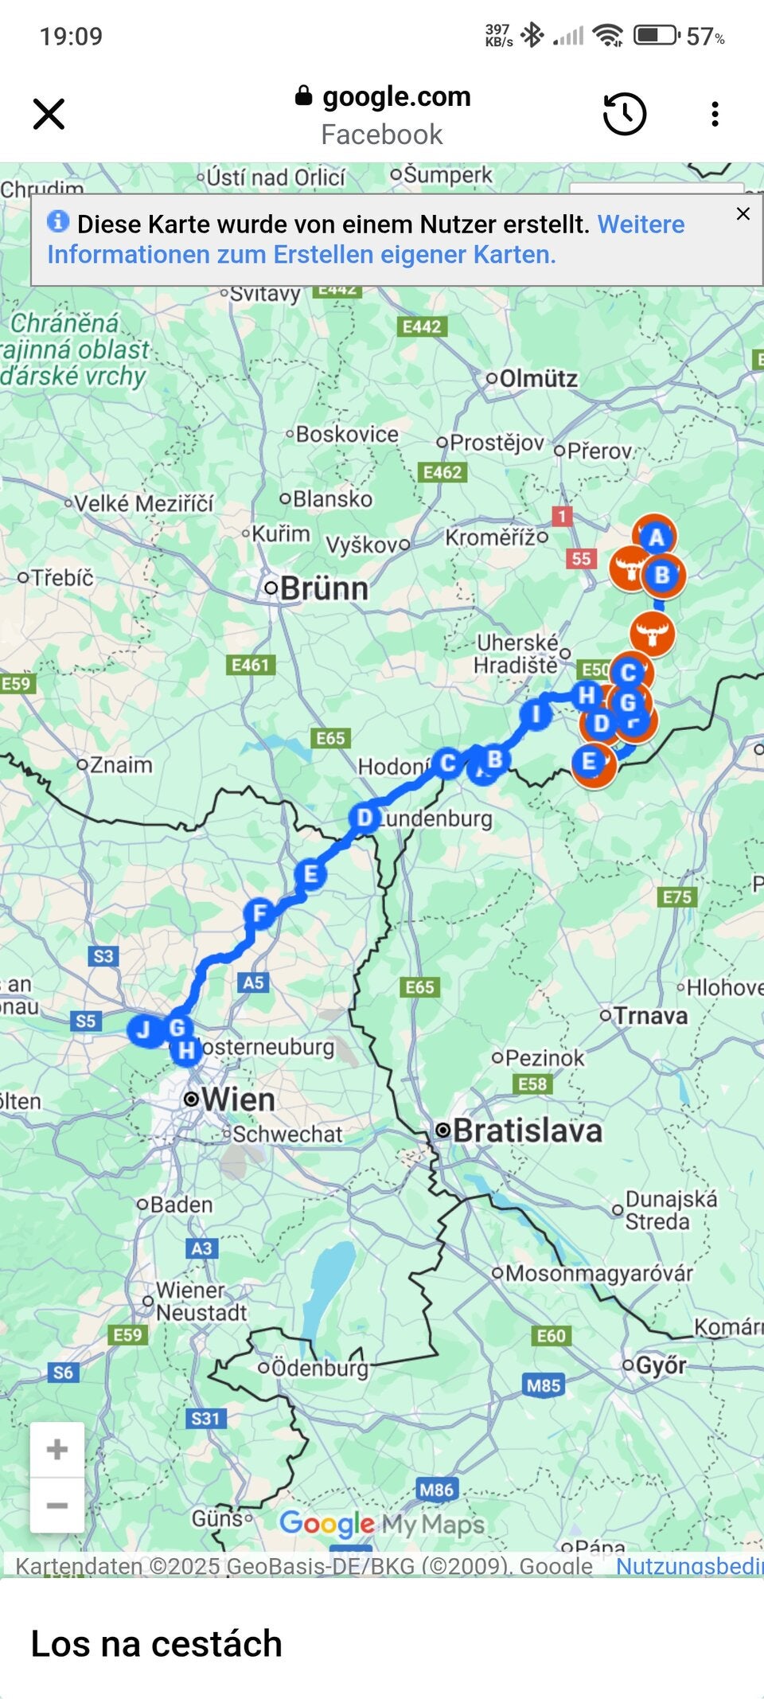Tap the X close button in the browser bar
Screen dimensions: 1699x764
click(49, 114)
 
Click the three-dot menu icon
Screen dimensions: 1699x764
click(715, 114)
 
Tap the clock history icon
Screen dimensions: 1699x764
click(624, 114)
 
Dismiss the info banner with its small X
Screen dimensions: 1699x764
click(743, 213)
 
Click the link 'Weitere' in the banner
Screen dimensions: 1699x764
click(641, 225)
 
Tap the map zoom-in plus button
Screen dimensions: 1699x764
click(57, 1449)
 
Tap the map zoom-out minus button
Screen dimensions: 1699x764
click(57, 1505)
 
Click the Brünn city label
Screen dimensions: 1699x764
click(324, 589)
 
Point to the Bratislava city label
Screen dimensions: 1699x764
click(527, 1131)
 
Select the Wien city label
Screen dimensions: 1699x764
click(237, 1099)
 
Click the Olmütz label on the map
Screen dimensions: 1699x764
click(538, 378)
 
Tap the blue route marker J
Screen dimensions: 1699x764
click(144, 1029)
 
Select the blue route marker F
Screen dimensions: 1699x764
click(259, 913)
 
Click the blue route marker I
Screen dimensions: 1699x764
click(536, 713)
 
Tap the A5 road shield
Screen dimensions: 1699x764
click(252, 982)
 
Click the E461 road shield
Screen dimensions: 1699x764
click(251, 665)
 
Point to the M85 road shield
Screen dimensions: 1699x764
click(544, 1385)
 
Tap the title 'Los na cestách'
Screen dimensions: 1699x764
click(157, 1643)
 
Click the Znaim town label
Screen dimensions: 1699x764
click(120, 765)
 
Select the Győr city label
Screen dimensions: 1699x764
click(660, 1365)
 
